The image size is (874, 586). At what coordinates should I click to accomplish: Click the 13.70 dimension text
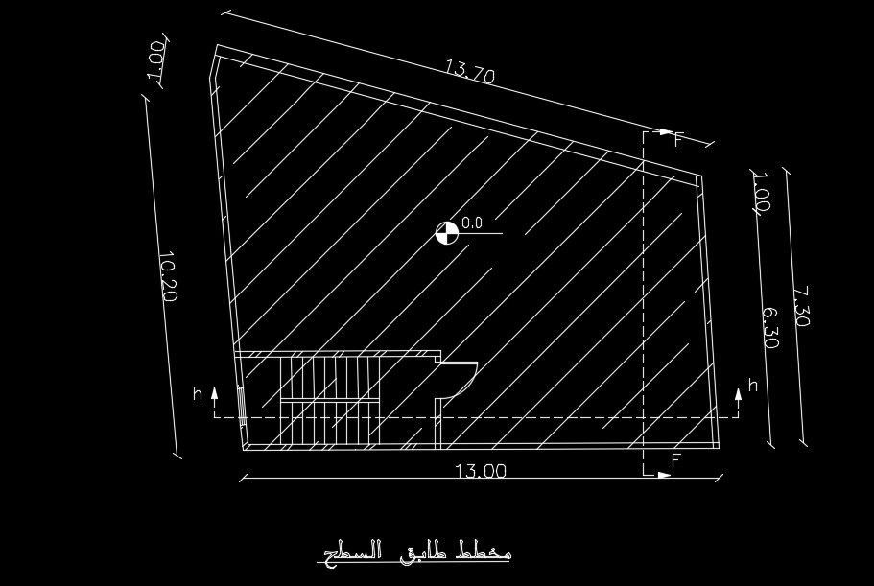tap(469, 71)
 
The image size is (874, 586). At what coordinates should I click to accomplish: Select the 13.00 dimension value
tap(480, 470)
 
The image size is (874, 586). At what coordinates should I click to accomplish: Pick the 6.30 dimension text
tap(769, 328)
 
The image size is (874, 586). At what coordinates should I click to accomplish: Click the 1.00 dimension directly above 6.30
tap(761, 191)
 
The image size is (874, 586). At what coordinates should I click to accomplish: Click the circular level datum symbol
tap(447, 232)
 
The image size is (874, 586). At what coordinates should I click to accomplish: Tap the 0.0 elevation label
tap(472, 223)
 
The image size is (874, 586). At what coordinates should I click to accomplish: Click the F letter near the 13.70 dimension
tap(678, 141)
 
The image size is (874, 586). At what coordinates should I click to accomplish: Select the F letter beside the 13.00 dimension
tap(675, 460)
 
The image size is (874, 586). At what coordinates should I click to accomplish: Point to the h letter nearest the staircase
tap(198, 393)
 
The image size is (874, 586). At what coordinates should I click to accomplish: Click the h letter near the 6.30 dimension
tap(752, 386)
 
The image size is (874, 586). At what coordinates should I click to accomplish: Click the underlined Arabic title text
tap(414, 551)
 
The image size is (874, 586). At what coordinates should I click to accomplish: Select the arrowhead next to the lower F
tap(663, 474)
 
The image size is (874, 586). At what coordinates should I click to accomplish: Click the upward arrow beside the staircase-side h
tap(214, 394)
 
